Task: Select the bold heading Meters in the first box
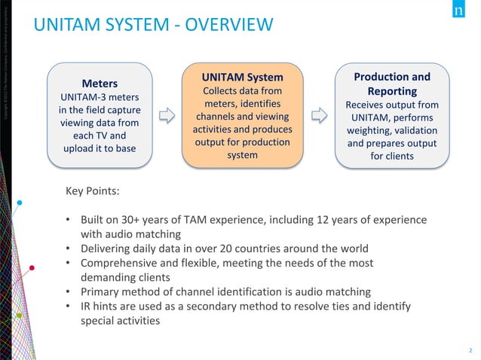coord(100,83)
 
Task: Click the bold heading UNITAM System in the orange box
coord(242,77)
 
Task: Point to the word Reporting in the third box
coord(392,90)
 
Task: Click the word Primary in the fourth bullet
coord(102,291)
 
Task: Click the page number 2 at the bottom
coord(469,350)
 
